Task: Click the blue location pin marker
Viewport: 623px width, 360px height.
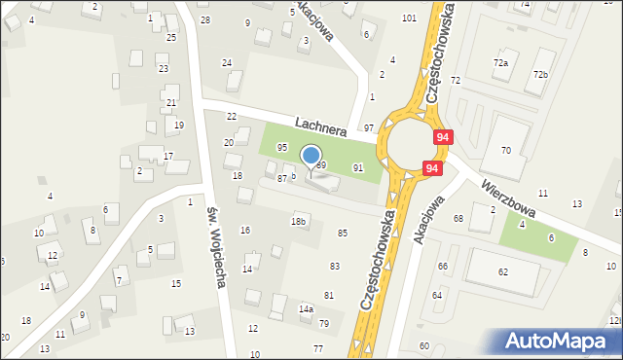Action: tap(311, 157)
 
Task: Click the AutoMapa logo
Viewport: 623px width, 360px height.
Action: tap(559, 342)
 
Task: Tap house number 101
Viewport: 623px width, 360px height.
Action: tap(409, 18)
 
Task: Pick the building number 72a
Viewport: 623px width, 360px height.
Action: tap(500, 62)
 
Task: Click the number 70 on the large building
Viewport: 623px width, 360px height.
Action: tap(506, 150)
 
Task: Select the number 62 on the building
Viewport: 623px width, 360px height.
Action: tap(503, 272)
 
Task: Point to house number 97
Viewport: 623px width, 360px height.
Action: tap(369, 128)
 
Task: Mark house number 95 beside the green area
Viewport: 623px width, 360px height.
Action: tap(282, 147)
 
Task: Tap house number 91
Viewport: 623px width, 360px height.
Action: tap(357, 168)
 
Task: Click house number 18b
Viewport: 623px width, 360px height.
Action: tap(299, 222)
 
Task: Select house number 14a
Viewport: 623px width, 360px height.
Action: tap(306, 308)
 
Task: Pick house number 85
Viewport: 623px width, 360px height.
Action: tap(342, 234)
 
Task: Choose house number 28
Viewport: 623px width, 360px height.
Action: tap(204, 19)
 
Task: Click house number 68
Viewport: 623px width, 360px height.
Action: tap(458, 218)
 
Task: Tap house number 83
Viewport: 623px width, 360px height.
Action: tap(334, 266)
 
